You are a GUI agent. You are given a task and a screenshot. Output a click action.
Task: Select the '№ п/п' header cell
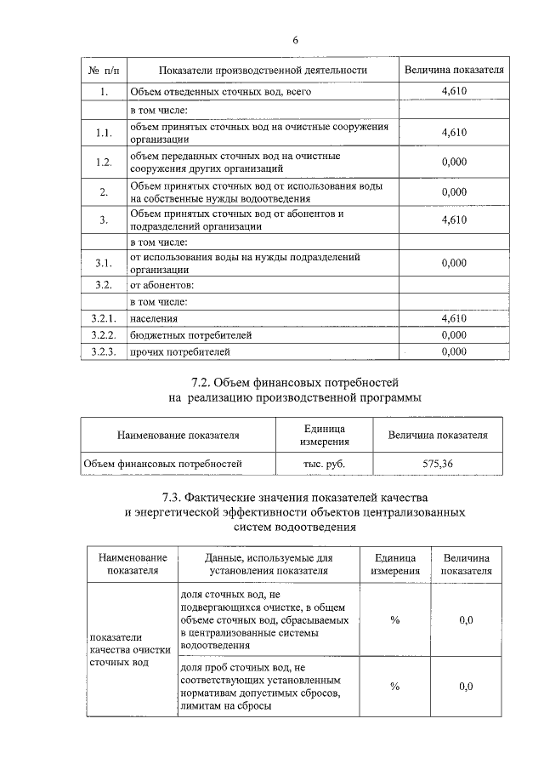tap(103, 70)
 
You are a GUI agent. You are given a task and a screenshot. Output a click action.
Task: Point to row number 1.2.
tap(104, 163)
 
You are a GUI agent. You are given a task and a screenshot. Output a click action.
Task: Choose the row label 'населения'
tap(154, 318)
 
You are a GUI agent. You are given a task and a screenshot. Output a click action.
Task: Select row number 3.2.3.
tap(104, 351)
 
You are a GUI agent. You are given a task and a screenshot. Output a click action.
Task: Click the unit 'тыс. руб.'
tap(324, 464)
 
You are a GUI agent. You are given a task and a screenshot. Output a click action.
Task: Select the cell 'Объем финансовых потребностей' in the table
tap(162, 464)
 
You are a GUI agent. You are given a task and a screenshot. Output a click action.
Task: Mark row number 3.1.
tap(104, 263)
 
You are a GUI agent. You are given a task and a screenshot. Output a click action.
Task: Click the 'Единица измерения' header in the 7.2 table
tap(324, 434)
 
